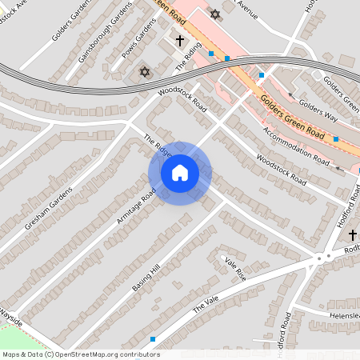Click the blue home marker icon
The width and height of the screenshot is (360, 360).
pos(179,173)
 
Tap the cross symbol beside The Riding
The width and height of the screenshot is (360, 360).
pos(180,39)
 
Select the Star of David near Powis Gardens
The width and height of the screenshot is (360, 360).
pos(145,72)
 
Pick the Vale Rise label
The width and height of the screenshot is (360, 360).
pos(235,267)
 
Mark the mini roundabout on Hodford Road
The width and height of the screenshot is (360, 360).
pos(322,257)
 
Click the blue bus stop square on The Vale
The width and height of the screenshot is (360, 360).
pos(153,339)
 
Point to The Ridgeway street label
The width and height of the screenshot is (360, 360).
pos(157,146)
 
